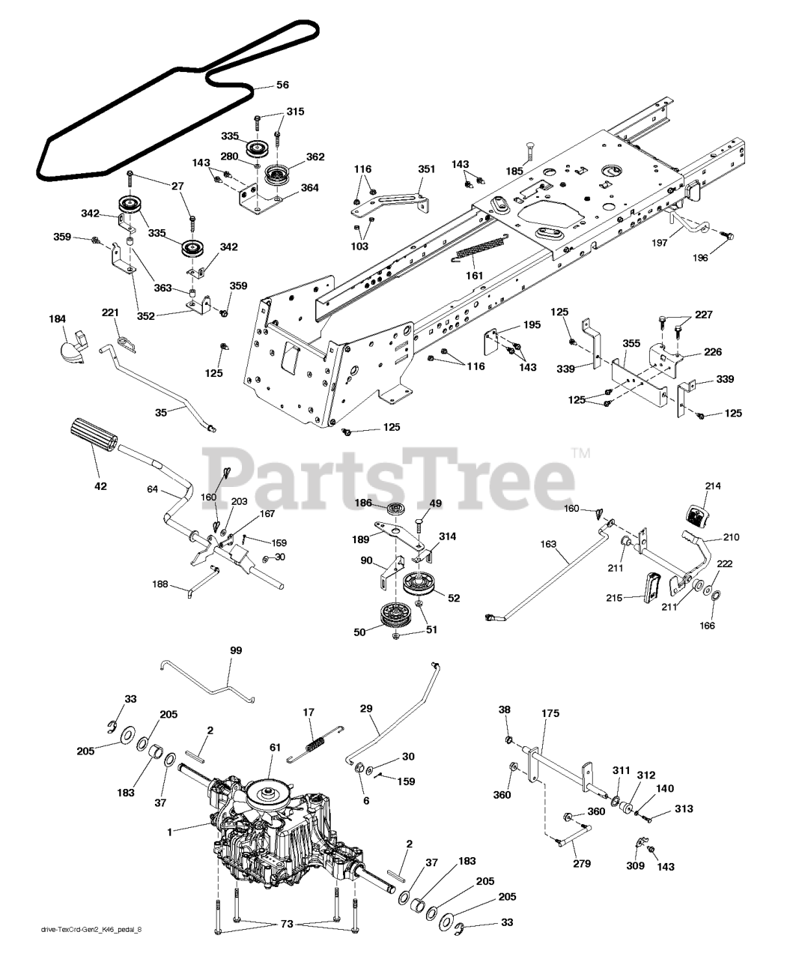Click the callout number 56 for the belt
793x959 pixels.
tap(282, 85)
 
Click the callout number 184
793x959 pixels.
tap(57, 319)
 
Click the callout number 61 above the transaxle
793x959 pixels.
tap(275, 748)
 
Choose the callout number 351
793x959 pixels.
tap(426, 169)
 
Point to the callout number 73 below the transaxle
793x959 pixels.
tap(286, 925)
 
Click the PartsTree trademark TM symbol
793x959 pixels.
tap(580, 453)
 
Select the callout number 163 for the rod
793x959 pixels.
tap(548, 545)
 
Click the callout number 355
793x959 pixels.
tap(631, 343)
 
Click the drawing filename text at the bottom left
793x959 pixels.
tap(91, 951)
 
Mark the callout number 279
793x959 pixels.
tap(582, 864)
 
